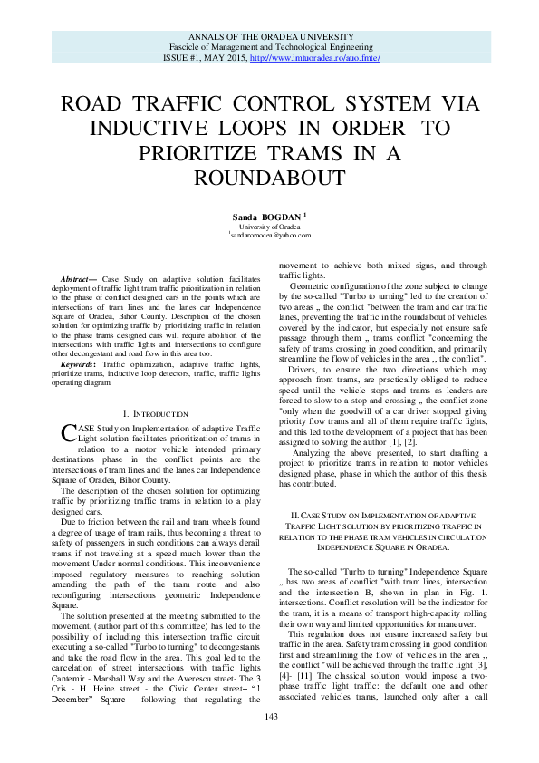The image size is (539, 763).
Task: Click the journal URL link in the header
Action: (314, 57)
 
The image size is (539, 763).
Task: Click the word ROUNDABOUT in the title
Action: (269, 175)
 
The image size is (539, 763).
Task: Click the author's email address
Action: (270, 235)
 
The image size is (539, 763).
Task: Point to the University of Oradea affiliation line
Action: (269, 226)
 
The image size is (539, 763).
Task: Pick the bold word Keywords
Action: (80, 337)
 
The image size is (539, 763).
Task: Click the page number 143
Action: (269, 742)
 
